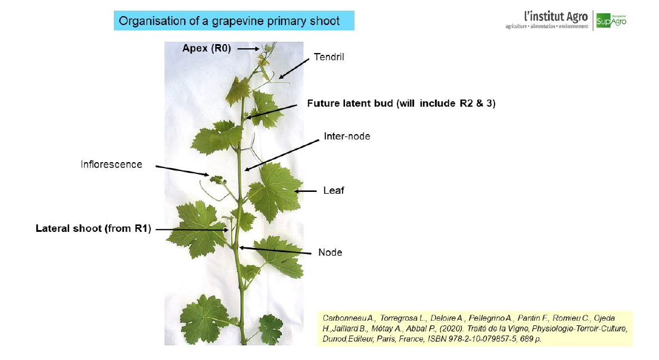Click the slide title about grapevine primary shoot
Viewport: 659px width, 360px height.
229,21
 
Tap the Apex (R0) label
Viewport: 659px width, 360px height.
206,48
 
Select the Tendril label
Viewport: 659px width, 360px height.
329,57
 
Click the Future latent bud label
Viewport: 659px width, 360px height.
401,104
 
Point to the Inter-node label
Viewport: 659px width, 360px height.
347,136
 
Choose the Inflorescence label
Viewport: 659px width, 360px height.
111,165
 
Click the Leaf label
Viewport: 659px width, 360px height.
334,191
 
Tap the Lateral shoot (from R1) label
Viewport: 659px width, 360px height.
94,228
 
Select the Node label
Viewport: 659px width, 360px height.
330,252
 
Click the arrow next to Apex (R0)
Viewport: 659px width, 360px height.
248,49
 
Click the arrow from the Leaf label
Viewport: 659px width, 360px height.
306,191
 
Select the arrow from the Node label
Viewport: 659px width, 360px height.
275,251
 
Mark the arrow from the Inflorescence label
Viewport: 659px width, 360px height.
182,170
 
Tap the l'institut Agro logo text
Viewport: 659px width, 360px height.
555,17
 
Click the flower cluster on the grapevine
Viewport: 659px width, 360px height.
218,181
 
